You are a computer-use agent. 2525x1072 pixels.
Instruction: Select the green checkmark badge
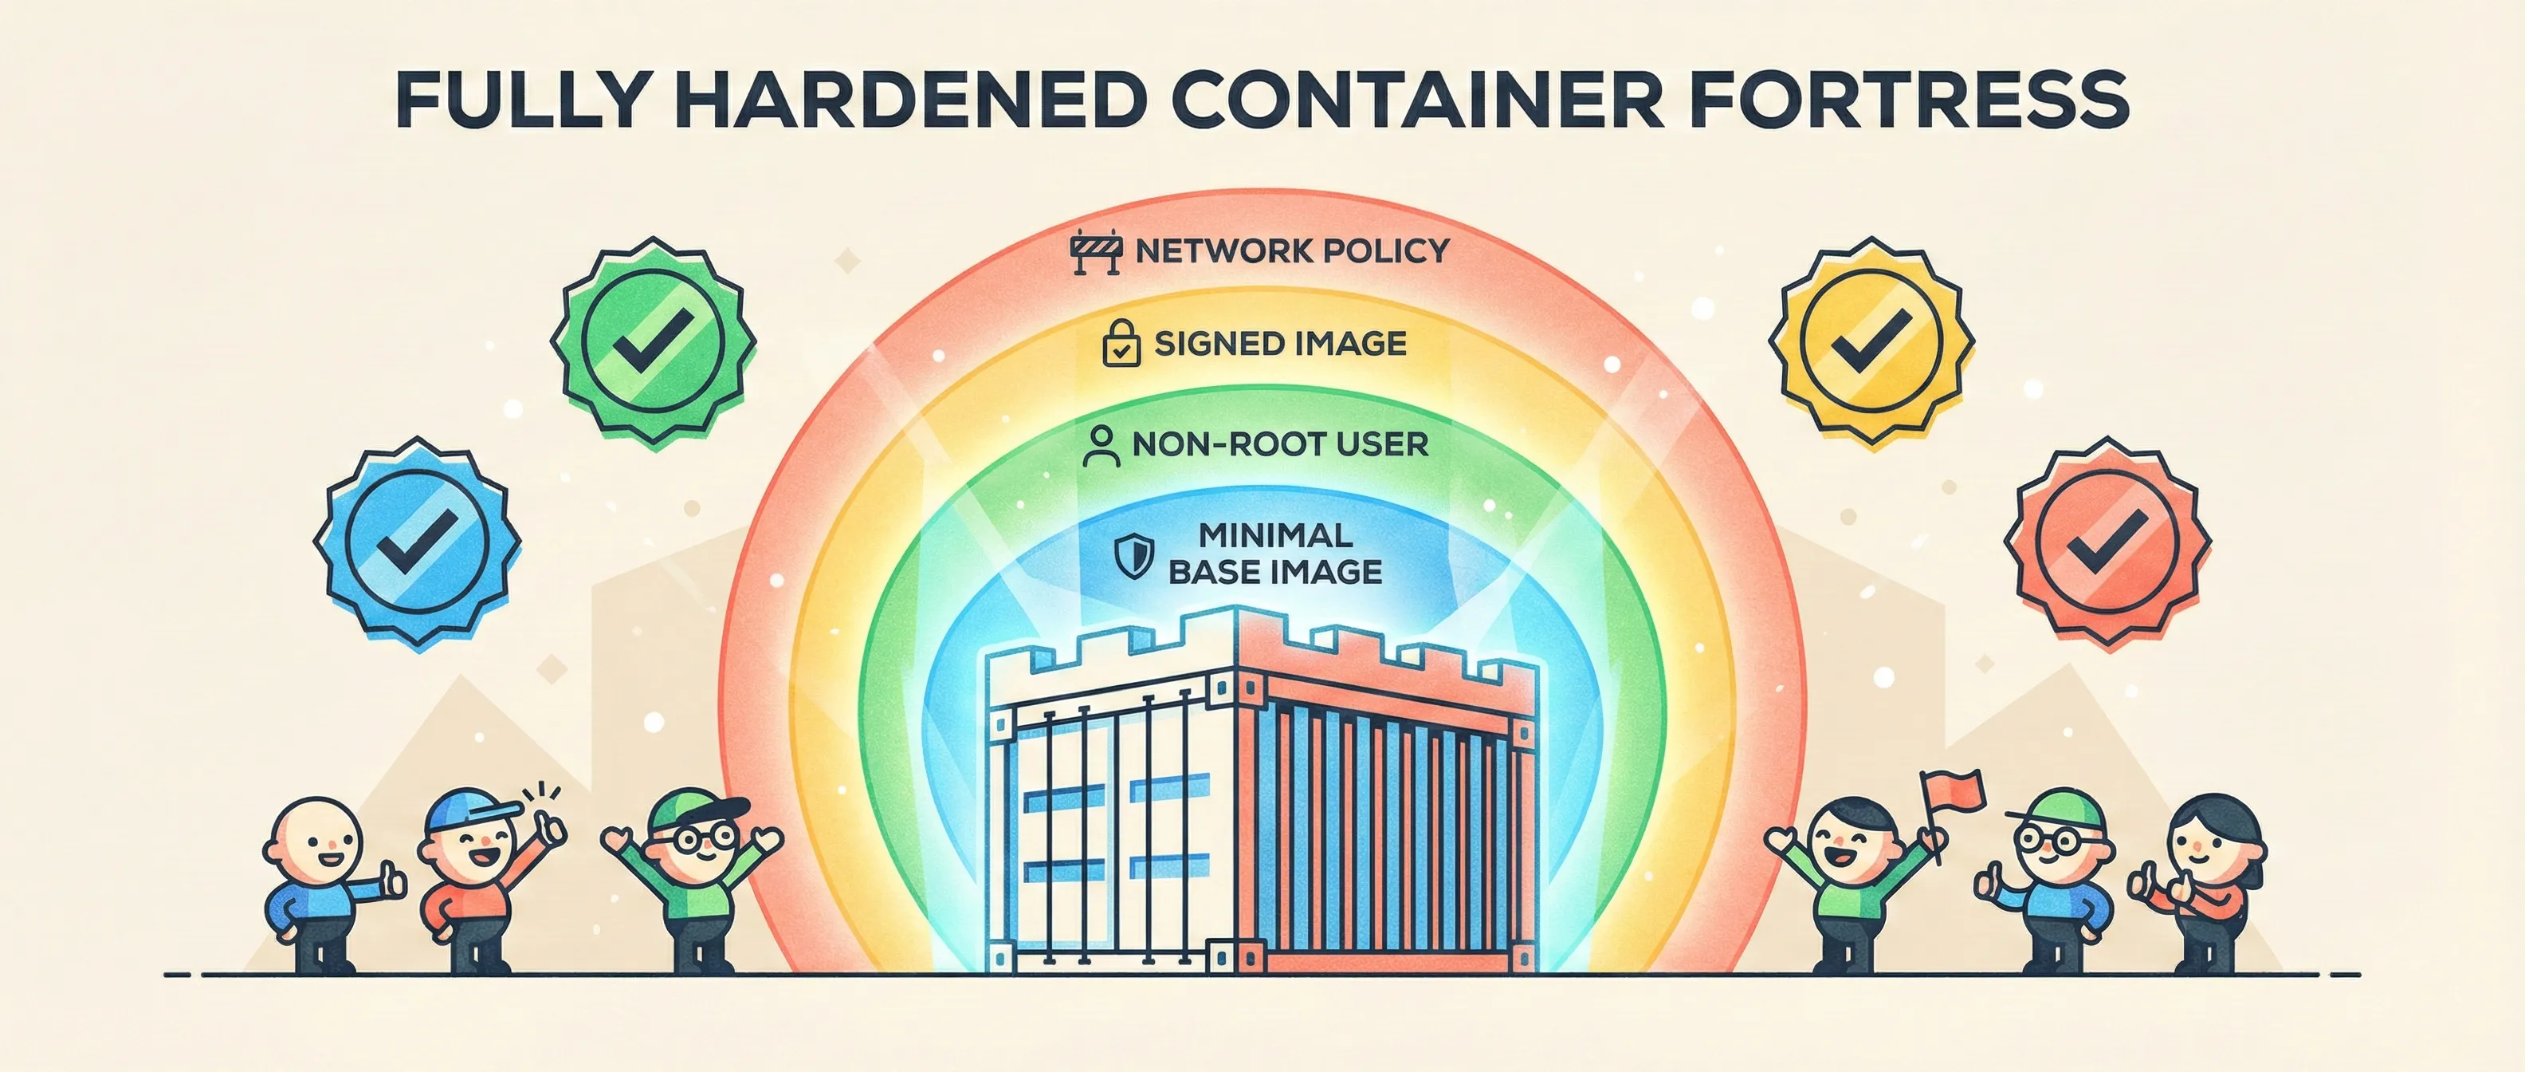(x=652, y=341)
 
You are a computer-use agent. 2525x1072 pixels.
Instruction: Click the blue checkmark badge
(x=417, y=542)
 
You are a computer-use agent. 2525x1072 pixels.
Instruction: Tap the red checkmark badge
(x=2107, y=542)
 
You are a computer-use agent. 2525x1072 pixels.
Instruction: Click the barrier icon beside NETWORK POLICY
(x=1096, y=252)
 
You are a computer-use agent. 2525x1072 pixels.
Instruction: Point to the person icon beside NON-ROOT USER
(x=1101, y=445)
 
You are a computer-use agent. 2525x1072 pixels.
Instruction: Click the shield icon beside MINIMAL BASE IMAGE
(x=1133, y=556)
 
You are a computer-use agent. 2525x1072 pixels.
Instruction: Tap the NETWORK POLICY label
(x=1291, y=251)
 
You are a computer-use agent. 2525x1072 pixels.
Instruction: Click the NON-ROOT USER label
(x=1279, y=444)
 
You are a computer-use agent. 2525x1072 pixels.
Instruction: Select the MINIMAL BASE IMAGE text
(x=1274, y=554)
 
